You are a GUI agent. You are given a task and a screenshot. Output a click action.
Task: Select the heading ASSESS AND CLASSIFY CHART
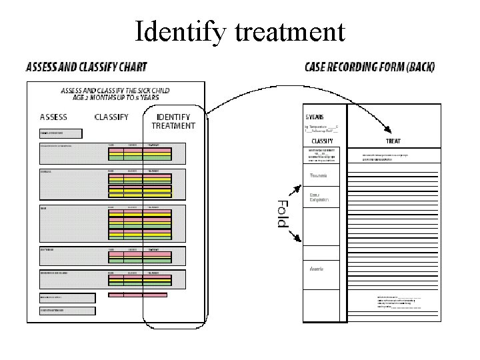[87, 67]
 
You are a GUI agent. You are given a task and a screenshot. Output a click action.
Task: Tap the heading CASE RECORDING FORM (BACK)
[369, 67]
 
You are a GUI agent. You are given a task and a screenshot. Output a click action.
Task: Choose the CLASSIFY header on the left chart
[111, 117]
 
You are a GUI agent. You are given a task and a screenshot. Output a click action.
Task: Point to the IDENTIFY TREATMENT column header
[173, 121]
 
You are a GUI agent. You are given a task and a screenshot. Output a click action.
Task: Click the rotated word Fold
[282, 213]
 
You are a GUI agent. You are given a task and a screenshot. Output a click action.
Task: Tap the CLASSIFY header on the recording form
[322, 141]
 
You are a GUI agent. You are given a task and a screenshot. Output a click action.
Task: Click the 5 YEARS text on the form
[315, 117]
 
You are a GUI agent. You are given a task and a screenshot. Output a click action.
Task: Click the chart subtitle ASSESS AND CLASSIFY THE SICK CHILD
[115, 91]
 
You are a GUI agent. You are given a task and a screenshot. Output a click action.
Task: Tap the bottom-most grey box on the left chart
[67, 311]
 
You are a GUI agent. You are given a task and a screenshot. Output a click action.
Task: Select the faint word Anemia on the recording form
[317, 269]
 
